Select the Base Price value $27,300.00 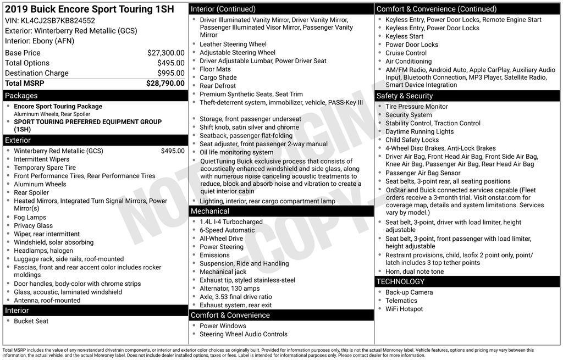(x=165, y=53)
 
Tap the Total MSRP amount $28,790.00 (x=165, y=83)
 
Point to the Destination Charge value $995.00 (x=170, y=73)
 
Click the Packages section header (x=21, y=96)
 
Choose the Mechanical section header (x=209, y=211)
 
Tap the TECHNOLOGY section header (x=400, y=282)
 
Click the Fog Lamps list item (x=30, y=218)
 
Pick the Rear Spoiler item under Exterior (x=31, y=192)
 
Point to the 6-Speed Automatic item (x=227, y=230)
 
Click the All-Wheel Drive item (x=221, y=239)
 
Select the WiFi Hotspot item (x=404, y=309)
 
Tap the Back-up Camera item (x=409, y=292)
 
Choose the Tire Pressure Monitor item (x=417, y=107)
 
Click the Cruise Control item (x=406, y=53)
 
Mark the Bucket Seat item (x=31, y=321)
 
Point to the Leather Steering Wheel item (x=233, y=45)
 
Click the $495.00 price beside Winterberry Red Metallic (x=173, y=151)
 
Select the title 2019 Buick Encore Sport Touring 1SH (x=89, y=9)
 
